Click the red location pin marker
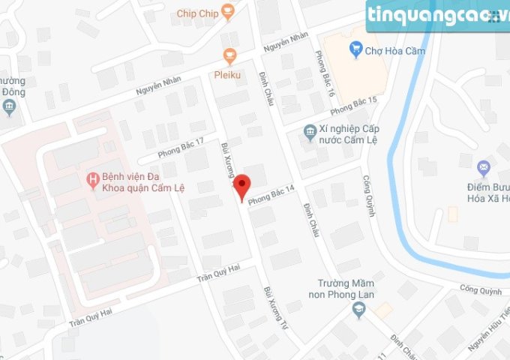pos(241,187)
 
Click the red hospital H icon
pos(92,178)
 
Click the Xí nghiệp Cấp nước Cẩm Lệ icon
pos(310,132)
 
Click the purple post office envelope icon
pos(484,166)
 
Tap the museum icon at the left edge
pos(9,108)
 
